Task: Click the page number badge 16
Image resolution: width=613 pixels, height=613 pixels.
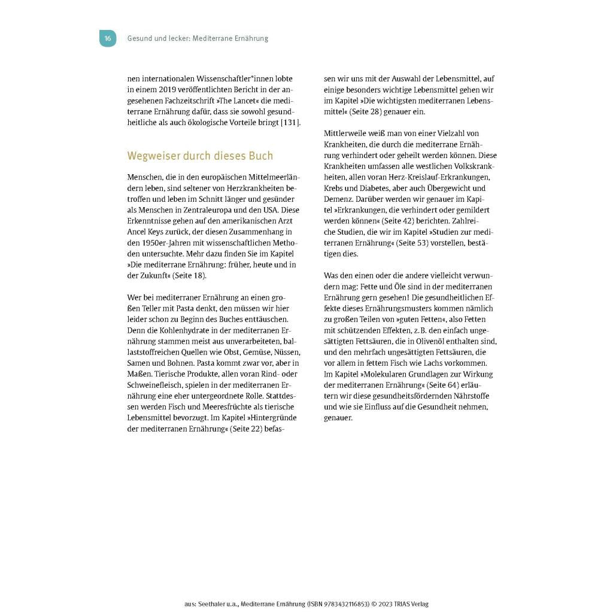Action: click(108, 38)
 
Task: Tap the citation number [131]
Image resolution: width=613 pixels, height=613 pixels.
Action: click(290, 123)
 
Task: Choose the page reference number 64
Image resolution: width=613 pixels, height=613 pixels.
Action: click(457, 385)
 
